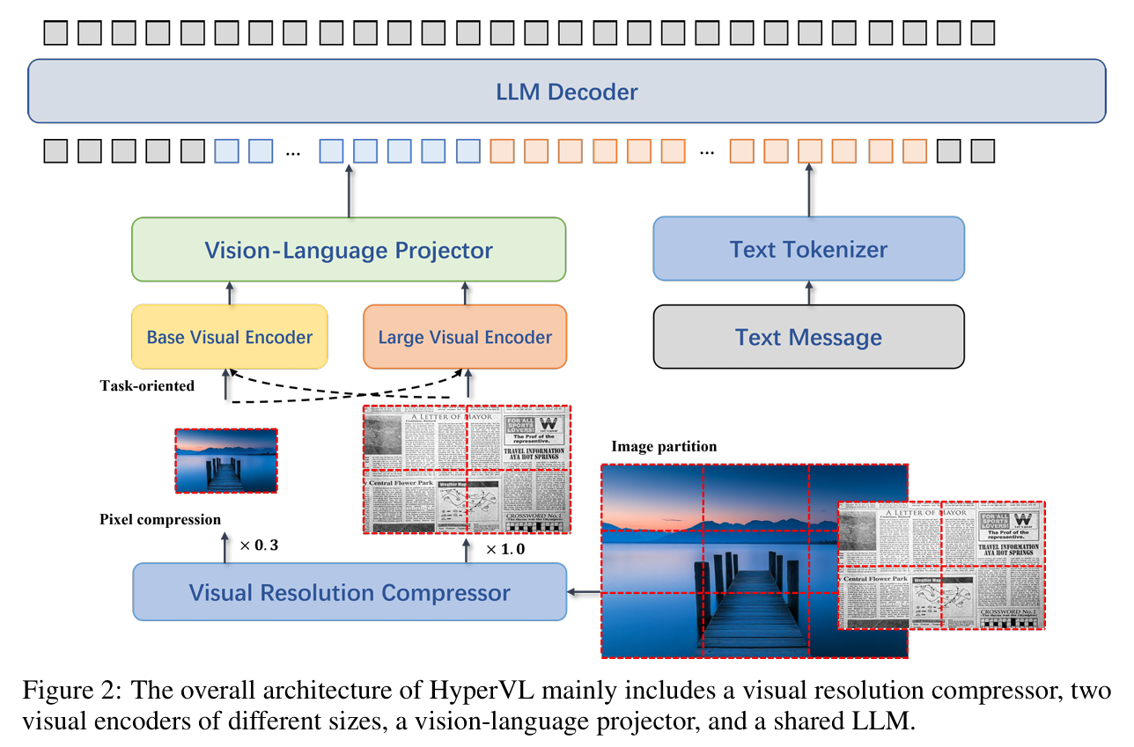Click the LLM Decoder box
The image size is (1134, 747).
pos(566,91)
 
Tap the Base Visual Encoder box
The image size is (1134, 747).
pos(229,337)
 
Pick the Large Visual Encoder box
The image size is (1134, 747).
pos(465,337)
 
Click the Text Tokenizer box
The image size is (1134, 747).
pos(808,249)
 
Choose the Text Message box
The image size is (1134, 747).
pos(808,337)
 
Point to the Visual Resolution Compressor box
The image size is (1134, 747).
pos(349,592)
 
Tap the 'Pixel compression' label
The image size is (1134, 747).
pos(160,519)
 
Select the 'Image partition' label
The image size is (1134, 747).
pos(664,447)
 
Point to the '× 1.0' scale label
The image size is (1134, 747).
pos(505,550)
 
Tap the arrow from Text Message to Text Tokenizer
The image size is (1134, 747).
pos(809,293)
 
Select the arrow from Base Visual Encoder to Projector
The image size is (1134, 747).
pos(230,293)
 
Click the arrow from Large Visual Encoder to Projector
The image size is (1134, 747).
pos(465,293)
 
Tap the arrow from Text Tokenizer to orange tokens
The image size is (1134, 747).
pos(809,191)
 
